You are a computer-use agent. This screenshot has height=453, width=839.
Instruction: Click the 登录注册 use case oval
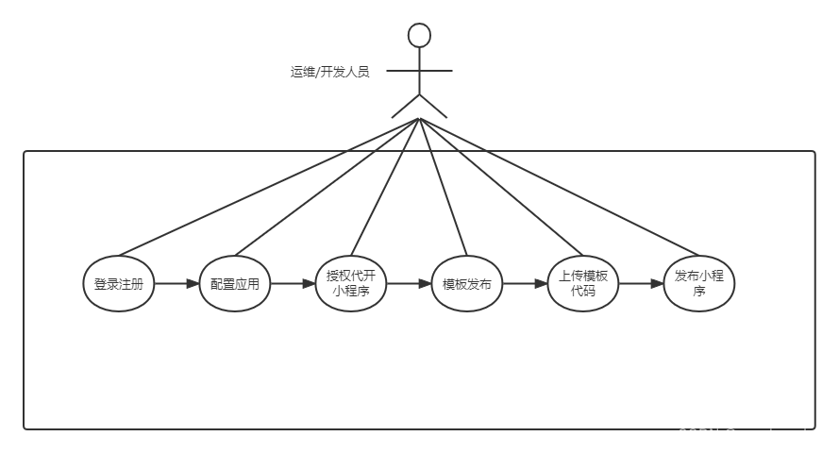coord(119,283)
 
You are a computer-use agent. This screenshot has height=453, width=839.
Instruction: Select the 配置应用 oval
coord(235,283)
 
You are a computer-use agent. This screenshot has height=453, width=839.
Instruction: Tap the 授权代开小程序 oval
coord(350,283)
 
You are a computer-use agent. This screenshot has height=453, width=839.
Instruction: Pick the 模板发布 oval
coord(466,283)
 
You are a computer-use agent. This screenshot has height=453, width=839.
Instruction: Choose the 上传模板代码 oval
coord(583,283)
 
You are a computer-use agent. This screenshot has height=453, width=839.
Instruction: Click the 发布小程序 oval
coord(699,283)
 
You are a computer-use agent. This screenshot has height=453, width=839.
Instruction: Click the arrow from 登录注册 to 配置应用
coord(177,283)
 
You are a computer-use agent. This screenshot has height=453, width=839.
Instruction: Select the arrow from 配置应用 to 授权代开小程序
coord(293,283)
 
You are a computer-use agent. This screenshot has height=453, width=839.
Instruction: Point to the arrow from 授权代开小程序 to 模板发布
coord(409,283)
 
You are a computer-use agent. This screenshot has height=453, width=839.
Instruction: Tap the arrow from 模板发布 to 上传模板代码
coord(525,283)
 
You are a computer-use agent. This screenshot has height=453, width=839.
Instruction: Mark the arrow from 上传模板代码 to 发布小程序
coord(642,283)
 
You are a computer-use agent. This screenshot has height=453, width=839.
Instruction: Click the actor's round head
coord(419,36)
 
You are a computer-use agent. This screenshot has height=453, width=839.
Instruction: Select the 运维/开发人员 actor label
coord(329,72)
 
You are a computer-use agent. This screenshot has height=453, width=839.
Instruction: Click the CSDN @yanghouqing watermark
coord(750,435)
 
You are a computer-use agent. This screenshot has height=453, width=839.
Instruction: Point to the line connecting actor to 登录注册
coord(269,188)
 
